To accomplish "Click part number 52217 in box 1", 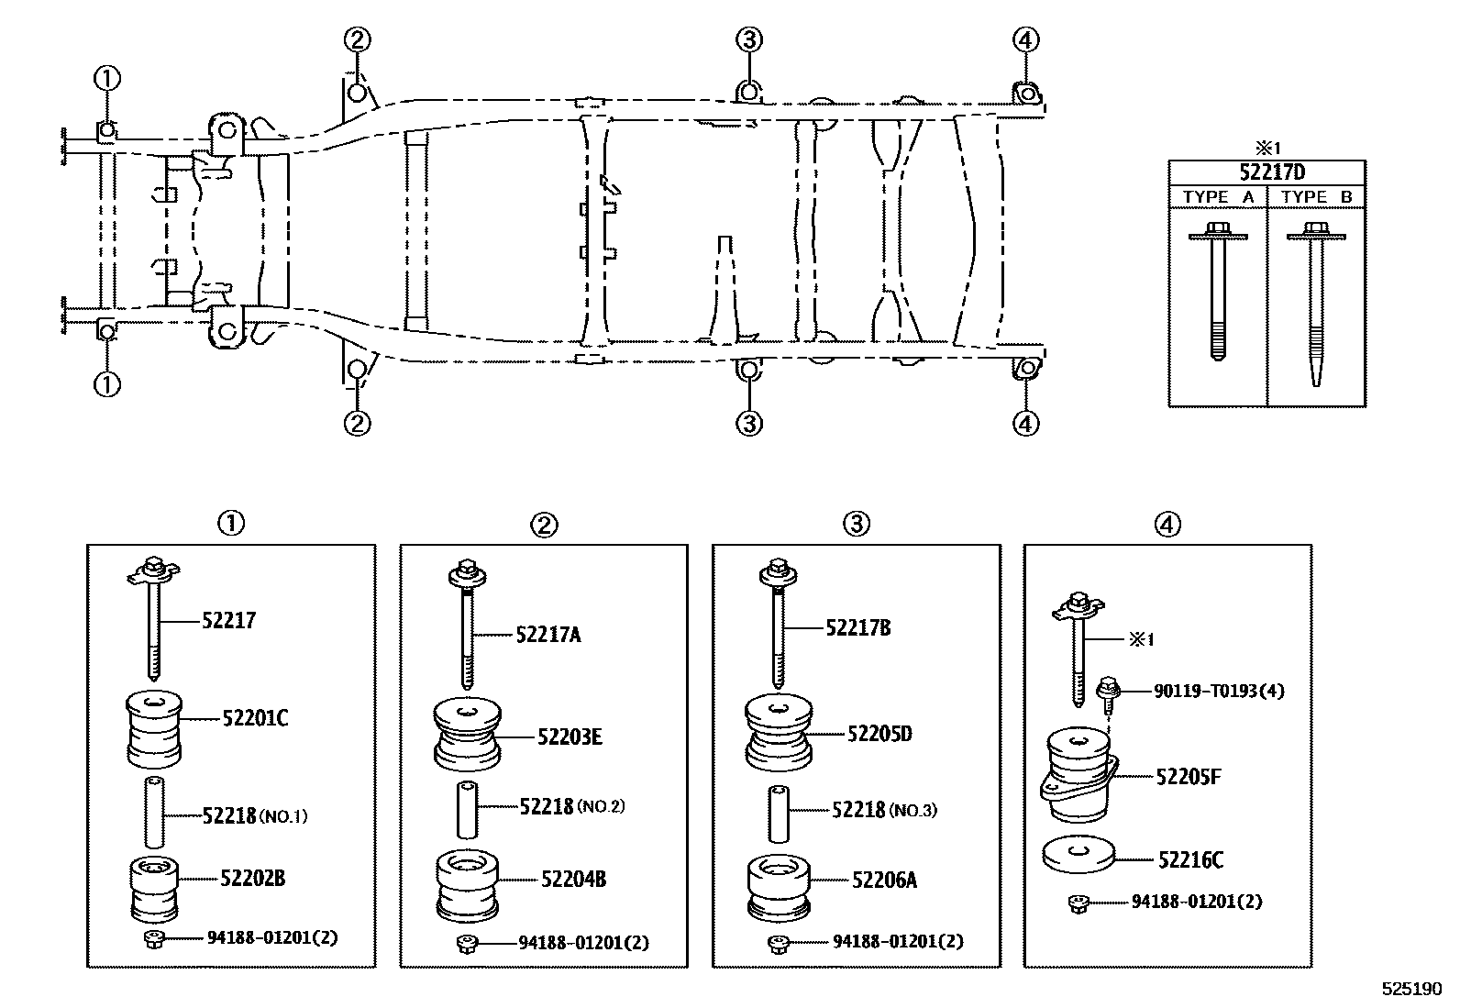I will [x=228, y=620].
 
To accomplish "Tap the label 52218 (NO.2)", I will [x=571, y=806].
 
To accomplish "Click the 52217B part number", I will [x=857, y=628].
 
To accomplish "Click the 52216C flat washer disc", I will [x=1078, y=855].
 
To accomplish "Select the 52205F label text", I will [x=1189, y=777].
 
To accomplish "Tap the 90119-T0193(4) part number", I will [x=1219, y=691].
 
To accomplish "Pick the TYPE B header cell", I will [x=1316, y=196].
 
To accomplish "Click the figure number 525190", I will [x=1411, y=990].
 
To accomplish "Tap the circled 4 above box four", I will [x=1167, y=524].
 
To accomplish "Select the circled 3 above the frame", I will [x=748, y=39].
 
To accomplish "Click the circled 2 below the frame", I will [x=357, y=423].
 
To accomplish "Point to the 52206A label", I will [x=884, y=880].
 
